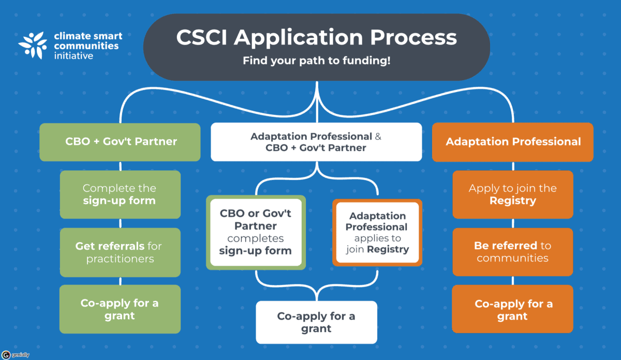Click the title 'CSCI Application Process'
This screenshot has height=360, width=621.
pos(316,38)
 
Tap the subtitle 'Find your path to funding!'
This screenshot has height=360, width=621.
pos(316,61)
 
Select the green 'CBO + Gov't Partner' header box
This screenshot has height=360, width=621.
pos(120,142)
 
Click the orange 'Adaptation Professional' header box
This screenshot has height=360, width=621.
pos(513,142)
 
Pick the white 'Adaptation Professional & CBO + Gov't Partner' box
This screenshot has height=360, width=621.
pos(316,142)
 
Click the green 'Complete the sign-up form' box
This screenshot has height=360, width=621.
pos(120,194)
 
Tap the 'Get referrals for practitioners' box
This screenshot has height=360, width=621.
pos(120,252)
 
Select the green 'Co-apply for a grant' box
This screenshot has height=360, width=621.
pos(120,309)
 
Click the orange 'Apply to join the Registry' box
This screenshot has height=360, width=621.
pos(513,194)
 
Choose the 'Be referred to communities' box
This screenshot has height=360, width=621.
pos(513,252)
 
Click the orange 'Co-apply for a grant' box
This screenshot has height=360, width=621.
pos(513,309)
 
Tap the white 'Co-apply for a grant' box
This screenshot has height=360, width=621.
pos(316,322)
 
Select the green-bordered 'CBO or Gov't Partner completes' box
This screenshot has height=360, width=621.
pos(256,232)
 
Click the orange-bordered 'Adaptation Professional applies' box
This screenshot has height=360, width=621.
pos(377,232)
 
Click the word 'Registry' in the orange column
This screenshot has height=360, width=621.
pos(513,201)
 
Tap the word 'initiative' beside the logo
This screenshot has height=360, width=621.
pos(74,55)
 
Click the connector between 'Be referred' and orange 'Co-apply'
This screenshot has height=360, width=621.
pos(513,280)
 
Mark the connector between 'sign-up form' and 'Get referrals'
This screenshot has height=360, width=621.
pos(120,223)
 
